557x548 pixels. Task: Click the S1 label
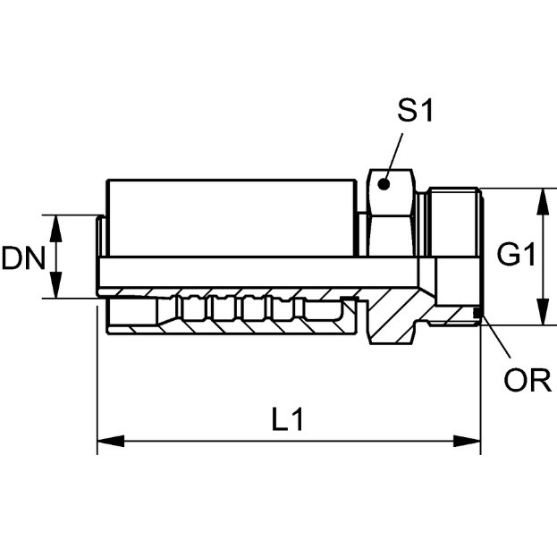coord(415,111)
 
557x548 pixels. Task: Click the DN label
coord(23,257)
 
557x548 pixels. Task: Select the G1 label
coord(516,254)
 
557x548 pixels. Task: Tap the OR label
coord(527,380)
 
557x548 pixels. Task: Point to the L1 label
coord(287,419)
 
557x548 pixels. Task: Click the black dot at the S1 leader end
coord(384,184)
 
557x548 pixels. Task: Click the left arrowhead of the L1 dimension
coord(111,442)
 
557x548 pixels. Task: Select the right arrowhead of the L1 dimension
coord(467,442)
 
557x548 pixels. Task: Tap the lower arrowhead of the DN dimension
coord(55,285)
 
